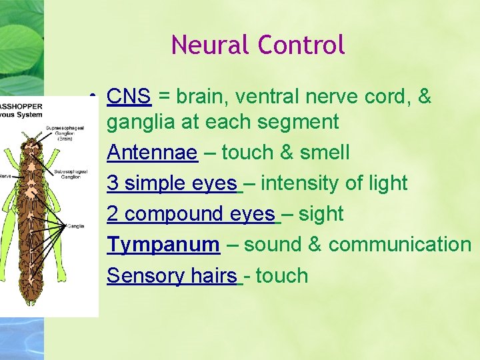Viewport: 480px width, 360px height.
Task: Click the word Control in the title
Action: coord(301,45)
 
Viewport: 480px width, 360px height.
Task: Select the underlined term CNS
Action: coord(129,97)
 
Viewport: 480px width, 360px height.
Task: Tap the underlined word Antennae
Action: coord(152,153)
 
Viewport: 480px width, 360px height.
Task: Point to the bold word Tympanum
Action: coord(163,245)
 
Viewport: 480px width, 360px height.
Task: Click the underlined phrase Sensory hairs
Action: coord(172,275)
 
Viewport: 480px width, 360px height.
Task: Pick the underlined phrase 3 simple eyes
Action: coord(171,183)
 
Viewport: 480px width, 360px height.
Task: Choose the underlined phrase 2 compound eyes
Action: coord(191,214)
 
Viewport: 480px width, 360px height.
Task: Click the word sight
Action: coord(321,214)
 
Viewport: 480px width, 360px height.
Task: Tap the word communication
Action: coord(400,245)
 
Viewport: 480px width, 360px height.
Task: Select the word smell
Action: coord(325,153)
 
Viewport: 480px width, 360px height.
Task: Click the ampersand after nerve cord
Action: coord(424,97)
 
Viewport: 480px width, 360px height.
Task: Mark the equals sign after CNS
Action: coord(163,97)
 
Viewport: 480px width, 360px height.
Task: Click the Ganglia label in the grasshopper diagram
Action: coord(75,226)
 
